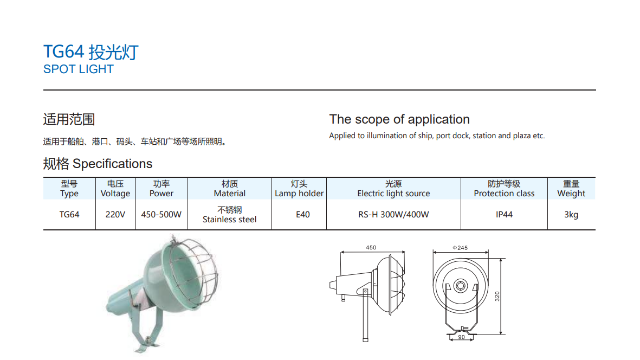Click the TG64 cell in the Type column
[69, 215]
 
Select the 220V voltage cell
[115, 215]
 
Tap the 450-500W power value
[161, 215]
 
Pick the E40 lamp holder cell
[303, 215]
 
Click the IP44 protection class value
[504, 215]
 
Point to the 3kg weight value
[571, 215]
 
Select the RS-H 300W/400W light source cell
[393, 215]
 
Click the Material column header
[230, 189]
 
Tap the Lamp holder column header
[299, 189]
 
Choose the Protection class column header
[504, 189]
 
